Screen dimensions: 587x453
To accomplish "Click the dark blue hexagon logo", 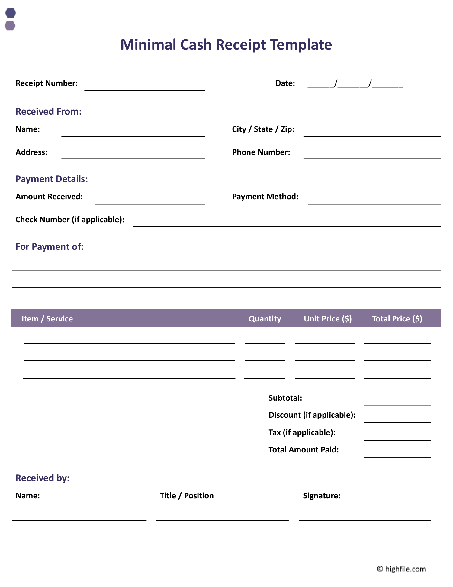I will (11, 13).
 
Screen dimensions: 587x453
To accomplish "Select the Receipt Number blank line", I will (145, 90).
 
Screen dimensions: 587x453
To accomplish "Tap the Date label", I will (285, 83).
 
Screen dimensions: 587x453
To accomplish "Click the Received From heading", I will (49, 112).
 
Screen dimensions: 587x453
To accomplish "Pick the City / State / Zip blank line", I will (372, 136).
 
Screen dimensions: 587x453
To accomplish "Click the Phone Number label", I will (261, 152).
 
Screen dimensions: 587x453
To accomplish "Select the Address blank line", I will (133, 158).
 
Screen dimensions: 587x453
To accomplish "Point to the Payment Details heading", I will (52, 179).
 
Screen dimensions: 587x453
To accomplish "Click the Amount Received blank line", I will (150, 203).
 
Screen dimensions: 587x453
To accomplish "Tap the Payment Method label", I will (265, 197).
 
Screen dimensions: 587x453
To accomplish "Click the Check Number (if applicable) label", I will (70, 220).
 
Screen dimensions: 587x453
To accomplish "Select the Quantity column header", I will (265, 319).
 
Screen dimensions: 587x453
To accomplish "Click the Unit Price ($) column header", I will (328, 319).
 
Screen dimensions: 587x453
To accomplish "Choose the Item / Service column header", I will (47, 319).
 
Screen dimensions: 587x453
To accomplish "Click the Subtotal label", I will (285, 398).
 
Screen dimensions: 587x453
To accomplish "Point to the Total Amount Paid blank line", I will (397, 457).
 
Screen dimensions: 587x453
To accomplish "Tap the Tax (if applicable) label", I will (302, 432).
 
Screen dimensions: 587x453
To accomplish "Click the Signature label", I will (322, 496).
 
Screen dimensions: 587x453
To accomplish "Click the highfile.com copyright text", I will (401, 569).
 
